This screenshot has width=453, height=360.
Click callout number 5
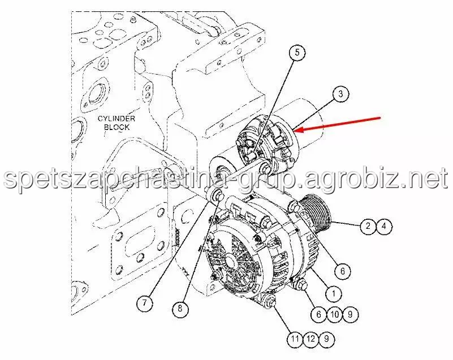click(x=297, y=53)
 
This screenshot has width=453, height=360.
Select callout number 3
click(x=340, y=94)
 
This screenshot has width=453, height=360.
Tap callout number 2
click(x=368, y=225)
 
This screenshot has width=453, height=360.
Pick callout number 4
click(x=384, y=225)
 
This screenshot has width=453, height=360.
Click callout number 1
click(x=334, y=294)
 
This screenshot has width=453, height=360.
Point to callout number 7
click(x=144, y=303)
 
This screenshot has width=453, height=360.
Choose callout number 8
click(x=180, y=309)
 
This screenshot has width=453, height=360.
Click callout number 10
click(x=334, y=314)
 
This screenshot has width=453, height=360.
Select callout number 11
click(x=295, y=339)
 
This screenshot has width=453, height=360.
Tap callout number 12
click(x=311, y=339)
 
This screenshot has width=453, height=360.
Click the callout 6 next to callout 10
click(x=318, y=314)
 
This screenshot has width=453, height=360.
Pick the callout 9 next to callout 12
click(x=326, y=339)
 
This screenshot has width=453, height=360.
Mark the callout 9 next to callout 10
click(x=350, y=314)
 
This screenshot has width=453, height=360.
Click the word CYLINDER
click(x=116, y=119)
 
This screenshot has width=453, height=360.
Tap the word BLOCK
click(x=117, y=127)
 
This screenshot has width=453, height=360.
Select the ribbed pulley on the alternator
click(x=317, y=211)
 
